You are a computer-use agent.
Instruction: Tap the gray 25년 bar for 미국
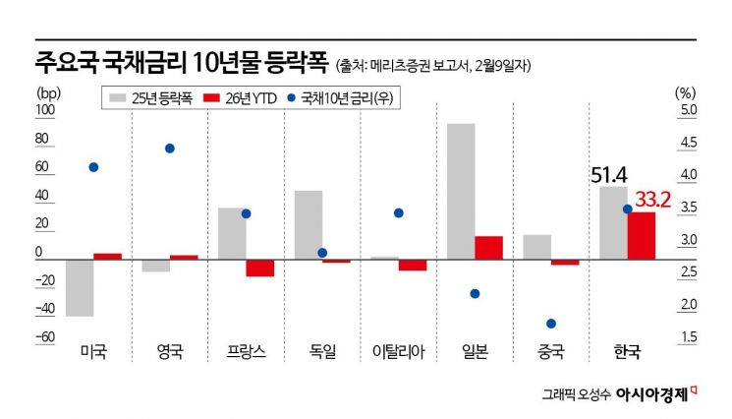pyautogui.click(x=80, y=288)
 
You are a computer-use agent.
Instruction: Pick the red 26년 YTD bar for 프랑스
pyautogui.click(x=259, y=268)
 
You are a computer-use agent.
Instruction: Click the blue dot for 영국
pyautogui.click(x=169, y=149)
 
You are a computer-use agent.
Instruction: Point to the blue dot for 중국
pyautogui.click(x=551, y=324)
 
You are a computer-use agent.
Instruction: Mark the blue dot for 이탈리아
pyautogui.click(x=398, y=212)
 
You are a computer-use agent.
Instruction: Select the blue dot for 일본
pyautogui.click(x=475, y=293)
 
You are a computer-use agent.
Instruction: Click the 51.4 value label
pyautogui.click(x=609, y=175)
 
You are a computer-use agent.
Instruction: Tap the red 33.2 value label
pyautogui.click(x=653, y=201)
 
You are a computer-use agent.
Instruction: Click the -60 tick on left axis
pyautogui.click(x=43, y=337)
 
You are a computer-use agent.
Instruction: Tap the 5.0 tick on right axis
pyautogui.click(x=686, y=110)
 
